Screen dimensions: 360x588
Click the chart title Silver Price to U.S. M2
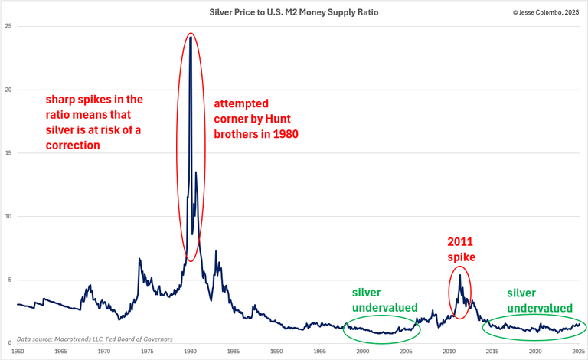(x=294, y=13)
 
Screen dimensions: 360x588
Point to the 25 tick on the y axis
(x=8, y=26)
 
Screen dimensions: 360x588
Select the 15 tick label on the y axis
(x=8, y=153)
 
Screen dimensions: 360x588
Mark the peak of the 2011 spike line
(x=459, y=275)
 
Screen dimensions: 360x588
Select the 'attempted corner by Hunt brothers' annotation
(x=255, y=118)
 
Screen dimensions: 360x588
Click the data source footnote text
(x=94, y=338)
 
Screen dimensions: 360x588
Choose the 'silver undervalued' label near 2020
(x=540, y=299)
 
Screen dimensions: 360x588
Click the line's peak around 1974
(x=139, y=259)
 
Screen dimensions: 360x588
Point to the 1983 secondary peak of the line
(x=216, y=251)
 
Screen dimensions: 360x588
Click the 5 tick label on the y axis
(x=10, y=280)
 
